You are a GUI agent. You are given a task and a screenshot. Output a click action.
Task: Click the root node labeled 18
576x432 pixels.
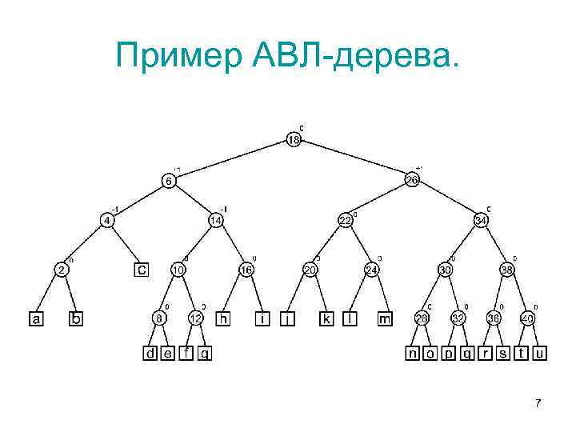(x=294, y=141)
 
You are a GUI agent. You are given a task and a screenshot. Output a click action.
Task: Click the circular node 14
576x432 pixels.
(x=215, y=219)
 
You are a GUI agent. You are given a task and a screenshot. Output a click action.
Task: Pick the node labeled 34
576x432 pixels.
(x=481, y=219)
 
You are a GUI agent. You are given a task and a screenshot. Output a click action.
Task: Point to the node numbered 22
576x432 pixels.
(x=344, y=220)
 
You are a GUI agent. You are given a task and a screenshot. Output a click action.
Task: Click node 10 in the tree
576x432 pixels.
(x=178, y=270)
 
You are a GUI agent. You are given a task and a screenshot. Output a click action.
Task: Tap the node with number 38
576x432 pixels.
(x=507, y=270)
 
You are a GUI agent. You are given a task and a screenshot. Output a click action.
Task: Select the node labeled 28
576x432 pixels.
(x=421, y=318)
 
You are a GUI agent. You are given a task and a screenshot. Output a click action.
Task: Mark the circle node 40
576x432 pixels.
(x=529, y=318)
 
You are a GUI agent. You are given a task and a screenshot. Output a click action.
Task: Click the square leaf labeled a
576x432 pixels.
(x=36, y=318)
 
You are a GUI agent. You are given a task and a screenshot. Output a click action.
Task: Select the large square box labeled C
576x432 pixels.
(x=142, y=270)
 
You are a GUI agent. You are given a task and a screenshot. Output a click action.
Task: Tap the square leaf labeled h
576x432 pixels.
(x=225, y=318)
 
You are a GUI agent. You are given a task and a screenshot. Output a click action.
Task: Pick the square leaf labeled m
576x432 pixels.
(x=385, y=318)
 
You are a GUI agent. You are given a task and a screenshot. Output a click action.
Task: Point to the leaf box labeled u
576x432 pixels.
(x=542, y=352)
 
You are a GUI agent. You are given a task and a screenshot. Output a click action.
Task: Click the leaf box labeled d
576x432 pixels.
(x=150, y=352)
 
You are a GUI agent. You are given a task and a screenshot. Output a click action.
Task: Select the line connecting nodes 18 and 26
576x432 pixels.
(x=352, y=160)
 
